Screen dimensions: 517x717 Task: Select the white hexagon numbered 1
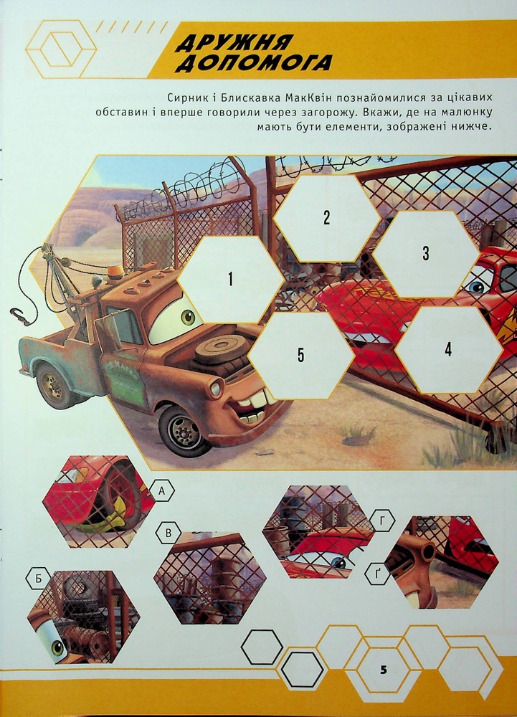[x=230, y=279]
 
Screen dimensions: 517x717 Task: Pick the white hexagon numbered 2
[x=326, y=218]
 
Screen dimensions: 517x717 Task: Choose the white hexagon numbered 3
[x=426, y=253]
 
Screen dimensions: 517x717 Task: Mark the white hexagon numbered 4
[x=448, y=350]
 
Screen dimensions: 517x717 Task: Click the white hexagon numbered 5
[x=300, y=356]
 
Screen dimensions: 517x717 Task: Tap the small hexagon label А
[x=162, y=491]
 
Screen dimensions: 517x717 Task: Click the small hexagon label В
[x=169, y=533]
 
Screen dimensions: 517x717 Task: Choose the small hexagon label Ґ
[x=378, y=574]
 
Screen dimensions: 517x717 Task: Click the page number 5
[x=383, y=670]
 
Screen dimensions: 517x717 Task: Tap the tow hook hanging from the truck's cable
[x=19, y=316]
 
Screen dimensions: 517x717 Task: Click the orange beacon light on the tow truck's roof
[x=115, y=272]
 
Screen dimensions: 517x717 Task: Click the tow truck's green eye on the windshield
[x=188, y=316]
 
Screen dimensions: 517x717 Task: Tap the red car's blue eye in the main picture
[x=476, y=287]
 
